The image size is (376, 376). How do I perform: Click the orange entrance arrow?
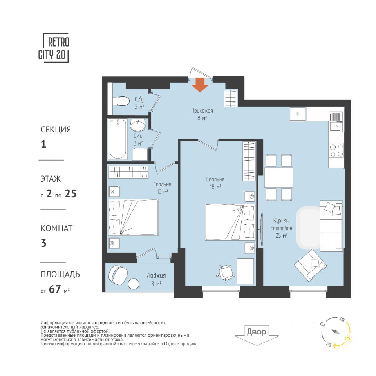(x=200, y=85)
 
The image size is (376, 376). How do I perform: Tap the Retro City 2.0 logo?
(x=54, y=48)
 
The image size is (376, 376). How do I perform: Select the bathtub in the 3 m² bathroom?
(x=117, y=139)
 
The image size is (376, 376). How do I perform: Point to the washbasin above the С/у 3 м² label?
(x=138, y=125)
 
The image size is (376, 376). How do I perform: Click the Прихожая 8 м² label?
(x=202, y=114)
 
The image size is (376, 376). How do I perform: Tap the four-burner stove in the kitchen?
(x=336, y=150)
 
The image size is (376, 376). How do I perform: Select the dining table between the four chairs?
(x=278, y=177)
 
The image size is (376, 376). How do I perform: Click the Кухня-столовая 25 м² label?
(x=281, y=228)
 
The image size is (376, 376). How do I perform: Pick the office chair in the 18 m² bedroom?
(x=226, y=273)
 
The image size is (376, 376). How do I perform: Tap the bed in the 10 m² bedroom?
(x=133, y=217)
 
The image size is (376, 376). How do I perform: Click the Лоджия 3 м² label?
(x=156, y=280)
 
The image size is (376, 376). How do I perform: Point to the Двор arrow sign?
(x=257, y=335)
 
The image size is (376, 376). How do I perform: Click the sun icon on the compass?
(x=348, y=338)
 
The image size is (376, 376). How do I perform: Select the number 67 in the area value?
(x=55, y=289)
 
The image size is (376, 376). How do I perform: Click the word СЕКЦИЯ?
(x=56, y=130)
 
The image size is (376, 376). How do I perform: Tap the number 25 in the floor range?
(x=70, y=194)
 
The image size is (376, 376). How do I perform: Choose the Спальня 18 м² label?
(x=215, y=183)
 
